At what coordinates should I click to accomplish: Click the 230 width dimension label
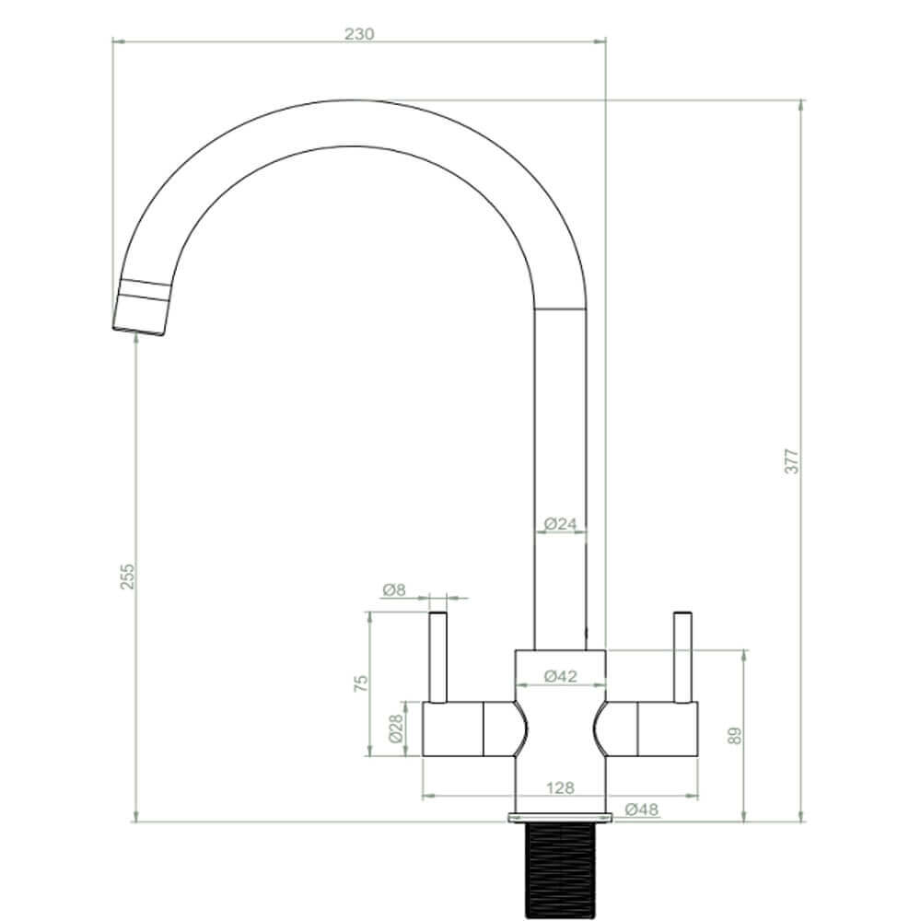359,34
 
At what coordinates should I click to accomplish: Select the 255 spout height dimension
129,576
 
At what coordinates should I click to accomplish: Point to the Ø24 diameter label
560,524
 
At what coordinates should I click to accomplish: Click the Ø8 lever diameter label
393,589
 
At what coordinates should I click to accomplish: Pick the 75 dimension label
361,682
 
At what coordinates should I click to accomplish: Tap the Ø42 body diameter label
560,676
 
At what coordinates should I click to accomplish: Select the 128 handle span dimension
560,787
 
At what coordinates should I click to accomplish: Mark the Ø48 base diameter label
641,810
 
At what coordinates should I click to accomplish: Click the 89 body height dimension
734,734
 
